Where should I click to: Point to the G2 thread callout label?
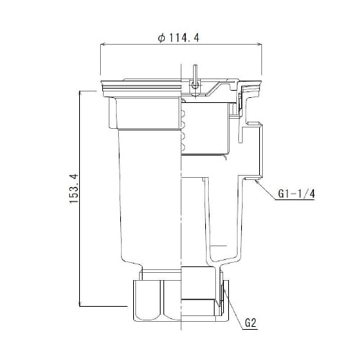(x=250, y=323)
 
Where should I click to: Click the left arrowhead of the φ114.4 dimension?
(x=102, y=45)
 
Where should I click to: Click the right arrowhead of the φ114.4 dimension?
(x=258, y=45)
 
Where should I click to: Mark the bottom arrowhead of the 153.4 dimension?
(x=78, y=305)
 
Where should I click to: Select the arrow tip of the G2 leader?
(x=222, y=287)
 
